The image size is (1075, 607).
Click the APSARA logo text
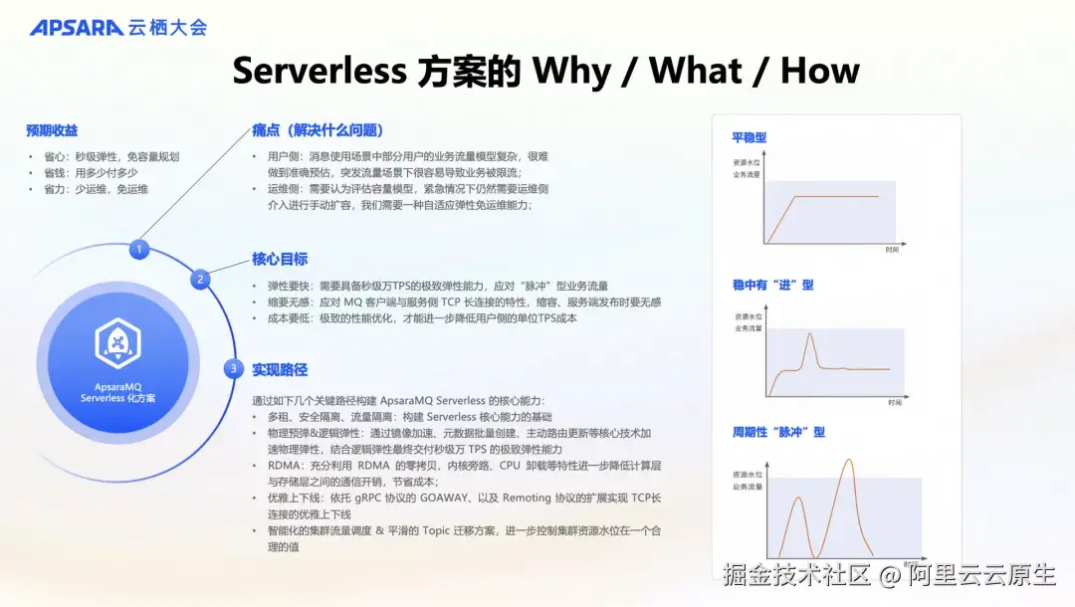[x=76, y=27]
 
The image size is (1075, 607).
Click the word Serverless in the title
[x=319, y=71]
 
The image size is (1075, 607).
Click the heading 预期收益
[x=52, y=130]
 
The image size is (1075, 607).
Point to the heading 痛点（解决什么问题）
[x=318, y=130]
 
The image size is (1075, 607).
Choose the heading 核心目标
[x=280, y=260]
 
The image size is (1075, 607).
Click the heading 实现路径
[x=280, y=369]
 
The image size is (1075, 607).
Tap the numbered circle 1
[x=139, y=249]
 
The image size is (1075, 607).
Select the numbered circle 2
[x=200, y=280]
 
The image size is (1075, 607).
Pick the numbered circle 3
[x=233, y=369]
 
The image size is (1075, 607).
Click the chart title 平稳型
[x=749, y=137]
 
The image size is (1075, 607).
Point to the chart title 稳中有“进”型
[x=772, y=285]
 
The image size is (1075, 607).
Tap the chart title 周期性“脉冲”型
[x=778, y=432]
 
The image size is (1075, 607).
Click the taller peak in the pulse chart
[x=849, y=460]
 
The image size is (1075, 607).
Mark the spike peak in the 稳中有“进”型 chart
[x=810, y=334]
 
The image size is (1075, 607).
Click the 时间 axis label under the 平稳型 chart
[x=892, y=250]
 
